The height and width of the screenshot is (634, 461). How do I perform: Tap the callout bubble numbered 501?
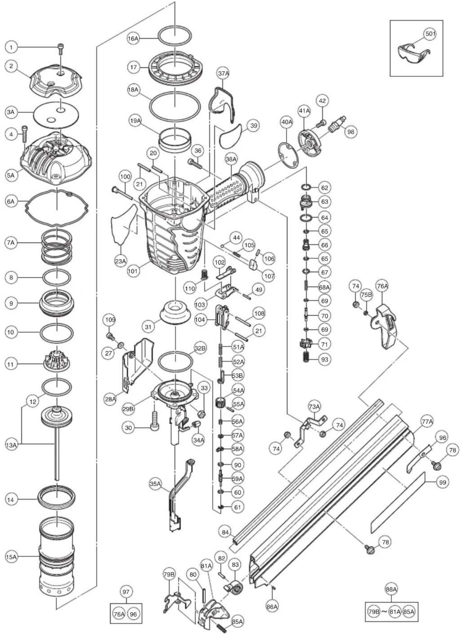(430, 34)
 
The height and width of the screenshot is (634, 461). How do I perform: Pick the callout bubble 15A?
(11, 557)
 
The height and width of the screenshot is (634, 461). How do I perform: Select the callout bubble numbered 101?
(133, 271)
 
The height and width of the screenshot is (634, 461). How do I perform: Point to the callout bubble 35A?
(155, 484)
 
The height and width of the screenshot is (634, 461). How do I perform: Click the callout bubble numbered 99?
(443, 482)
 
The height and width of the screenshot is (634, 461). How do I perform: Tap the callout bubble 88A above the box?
(391, 589)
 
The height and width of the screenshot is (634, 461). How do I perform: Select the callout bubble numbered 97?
(126, 592)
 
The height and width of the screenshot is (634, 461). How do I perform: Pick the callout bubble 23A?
(121, 261)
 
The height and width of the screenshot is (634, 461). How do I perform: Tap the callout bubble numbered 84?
(225, 532)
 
